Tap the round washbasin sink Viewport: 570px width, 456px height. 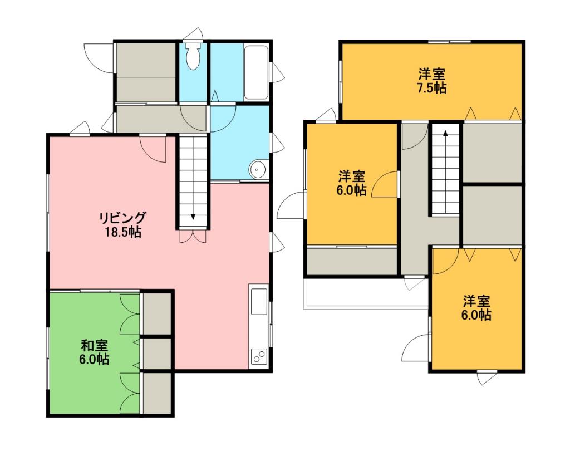(x=258, y=169)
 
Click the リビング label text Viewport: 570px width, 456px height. (x=123, y=218)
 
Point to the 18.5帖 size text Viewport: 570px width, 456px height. (x=123, y=232)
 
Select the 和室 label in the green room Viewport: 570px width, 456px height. (x=94, y=345)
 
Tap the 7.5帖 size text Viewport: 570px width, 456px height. (x=431, y=88)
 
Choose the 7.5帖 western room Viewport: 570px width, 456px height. (x=432, y=81)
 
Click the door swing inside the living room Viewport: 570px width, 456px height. (x=153, y=149)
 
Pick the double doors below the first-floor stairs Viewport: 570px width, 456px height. (x=193, y=236)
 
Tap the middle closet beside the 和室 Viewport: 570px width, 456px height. (x=156, y=354)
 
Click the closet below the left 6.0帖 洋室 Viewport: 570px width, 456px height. (x=352, y=261)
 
